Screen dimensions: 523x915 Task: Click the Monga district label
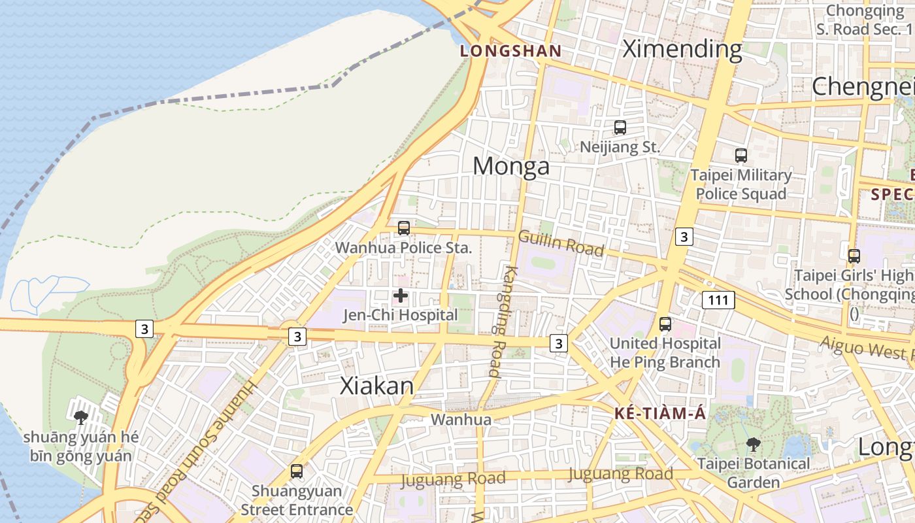(x=511, y=166)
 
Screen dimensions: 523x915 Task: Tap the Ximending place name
(x=682, y=48)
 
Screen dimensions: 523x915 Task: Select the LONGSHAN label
(x=510, y=50)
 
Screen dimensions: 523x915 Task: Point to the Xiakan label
(x=377, y=386)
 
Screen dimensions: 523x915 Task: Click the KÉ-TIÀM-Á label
(x=660, y=413)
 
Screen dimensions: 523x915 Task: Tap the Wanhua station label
(x=461, y=419)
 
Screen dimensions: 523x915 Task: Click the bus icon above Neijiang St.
(x=620, y=127)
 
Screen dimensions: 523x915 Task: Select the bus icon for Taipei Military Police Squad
(x=740, y=156)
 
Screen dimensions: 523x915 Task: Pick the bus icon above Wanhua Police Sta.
(x=404, y=228)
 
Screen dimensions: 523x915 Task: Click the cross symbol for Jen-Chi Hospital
(x=401, y=296)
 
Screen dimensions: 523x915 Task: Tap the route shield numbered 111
(x=718, y=300)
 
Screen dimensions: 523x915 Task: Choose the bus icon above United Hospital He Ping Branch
(x=665, y=324)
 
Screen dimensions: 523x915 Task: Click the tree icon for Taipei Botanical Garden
(x=754, y=445)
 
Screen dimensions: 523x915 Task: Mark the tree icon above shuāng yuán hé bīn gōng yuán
(x=81, y=417)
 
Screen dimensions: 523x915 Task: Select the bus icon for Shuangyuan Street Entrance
(x=297, y=471)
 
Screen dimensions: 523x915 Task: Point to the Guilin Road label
(x=561, y=243)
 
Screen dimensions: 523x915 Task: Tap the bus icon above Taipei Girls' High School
(x=854, y=256)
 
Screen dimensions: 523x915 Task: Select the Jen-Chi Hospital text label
(x=401, y=315)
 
